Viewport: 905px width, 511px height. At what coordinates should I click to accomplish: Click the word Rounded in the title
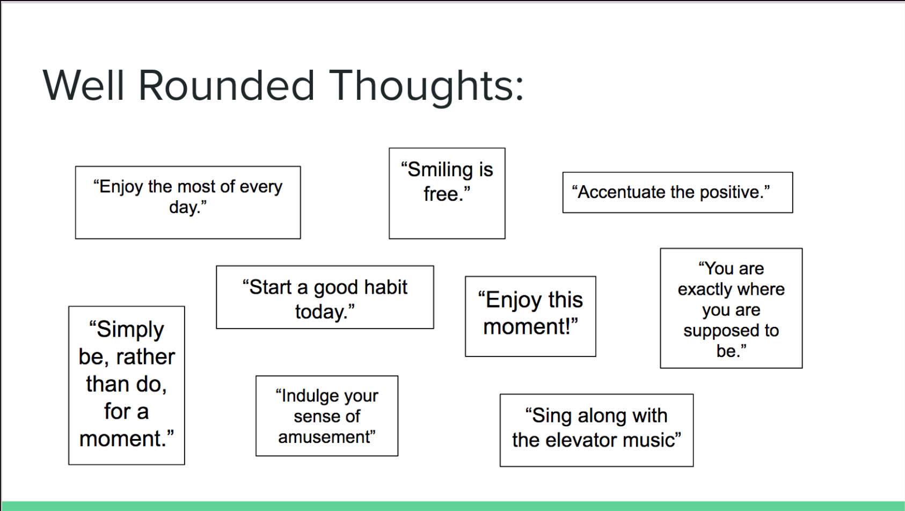[x=227, y=86]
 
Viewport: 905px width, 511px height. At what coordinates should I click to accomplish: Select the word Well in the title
[x=83, y=86]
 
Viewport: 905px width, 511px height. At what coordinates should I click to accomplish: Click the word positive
[x=731, y=193]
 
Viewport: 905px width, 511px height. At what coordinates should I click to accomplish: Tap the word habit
[x=385, y=287]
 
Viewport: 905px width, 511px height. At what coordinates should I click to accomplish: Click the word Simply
[x=130, y=330]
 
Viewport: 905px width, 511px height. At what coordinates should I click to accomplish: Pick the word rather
[x=145, y=357]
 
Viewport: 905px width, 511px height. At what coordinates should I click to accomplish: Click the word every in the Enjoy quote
[x=261, y=187]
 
